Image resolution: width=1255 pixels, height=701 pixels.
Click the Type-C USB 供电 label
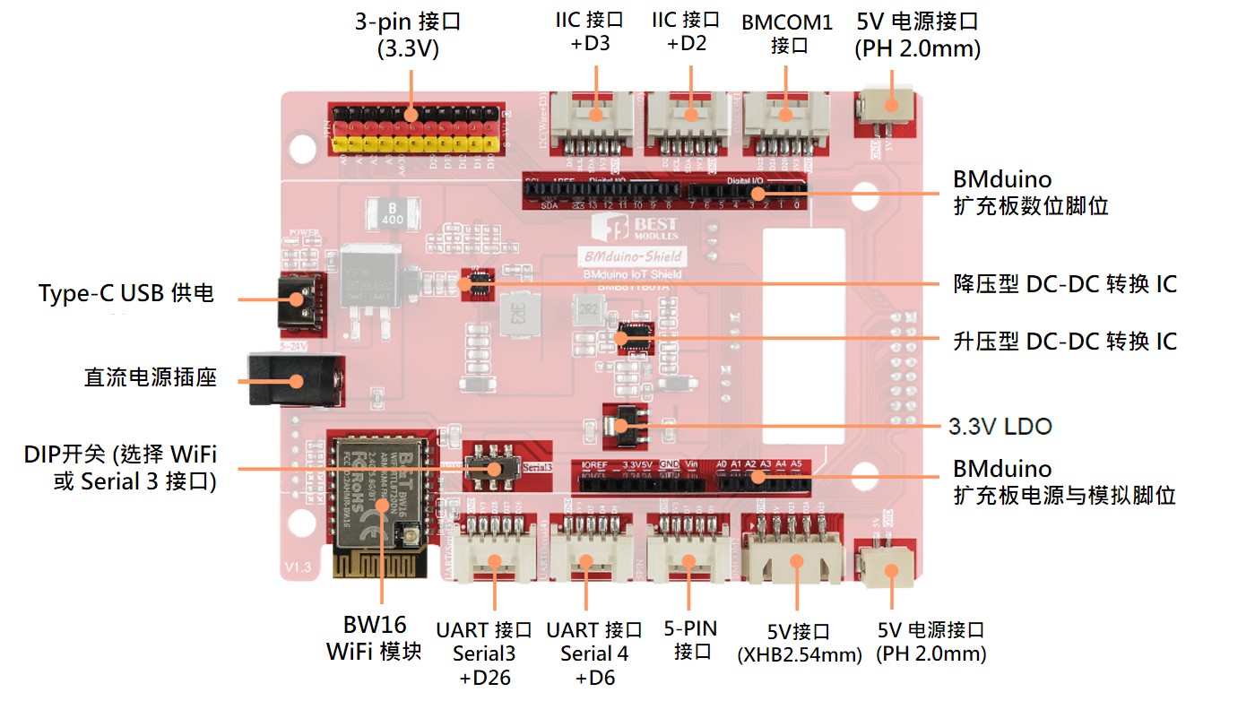click(126, 294)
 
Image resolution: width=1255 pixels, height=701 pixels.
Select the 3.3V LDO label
click(1000, 427)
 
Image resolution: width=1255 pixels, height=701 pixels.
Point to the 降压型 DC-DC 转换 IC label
click(1064, 284)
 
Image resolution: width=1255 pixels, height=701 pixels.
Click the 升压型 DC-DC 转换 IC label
click(1064, 342)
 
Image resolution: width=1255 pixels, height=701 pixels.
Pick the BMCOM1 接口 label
click(787, 33)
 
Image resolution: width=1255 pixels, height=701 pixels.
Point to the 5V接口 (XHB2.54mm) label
click(799, 643)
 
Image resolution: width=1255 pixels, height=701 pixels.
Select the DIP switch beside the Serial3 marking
click(492, 470)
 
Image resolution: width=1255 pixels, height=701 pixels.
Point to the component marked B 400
click(392, 214)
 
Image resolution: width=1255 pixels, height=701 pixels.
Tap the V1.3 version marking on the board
click(297, 567)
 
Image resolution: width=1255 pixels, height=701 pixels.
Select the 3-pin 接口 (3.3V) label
click(408, 33)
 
